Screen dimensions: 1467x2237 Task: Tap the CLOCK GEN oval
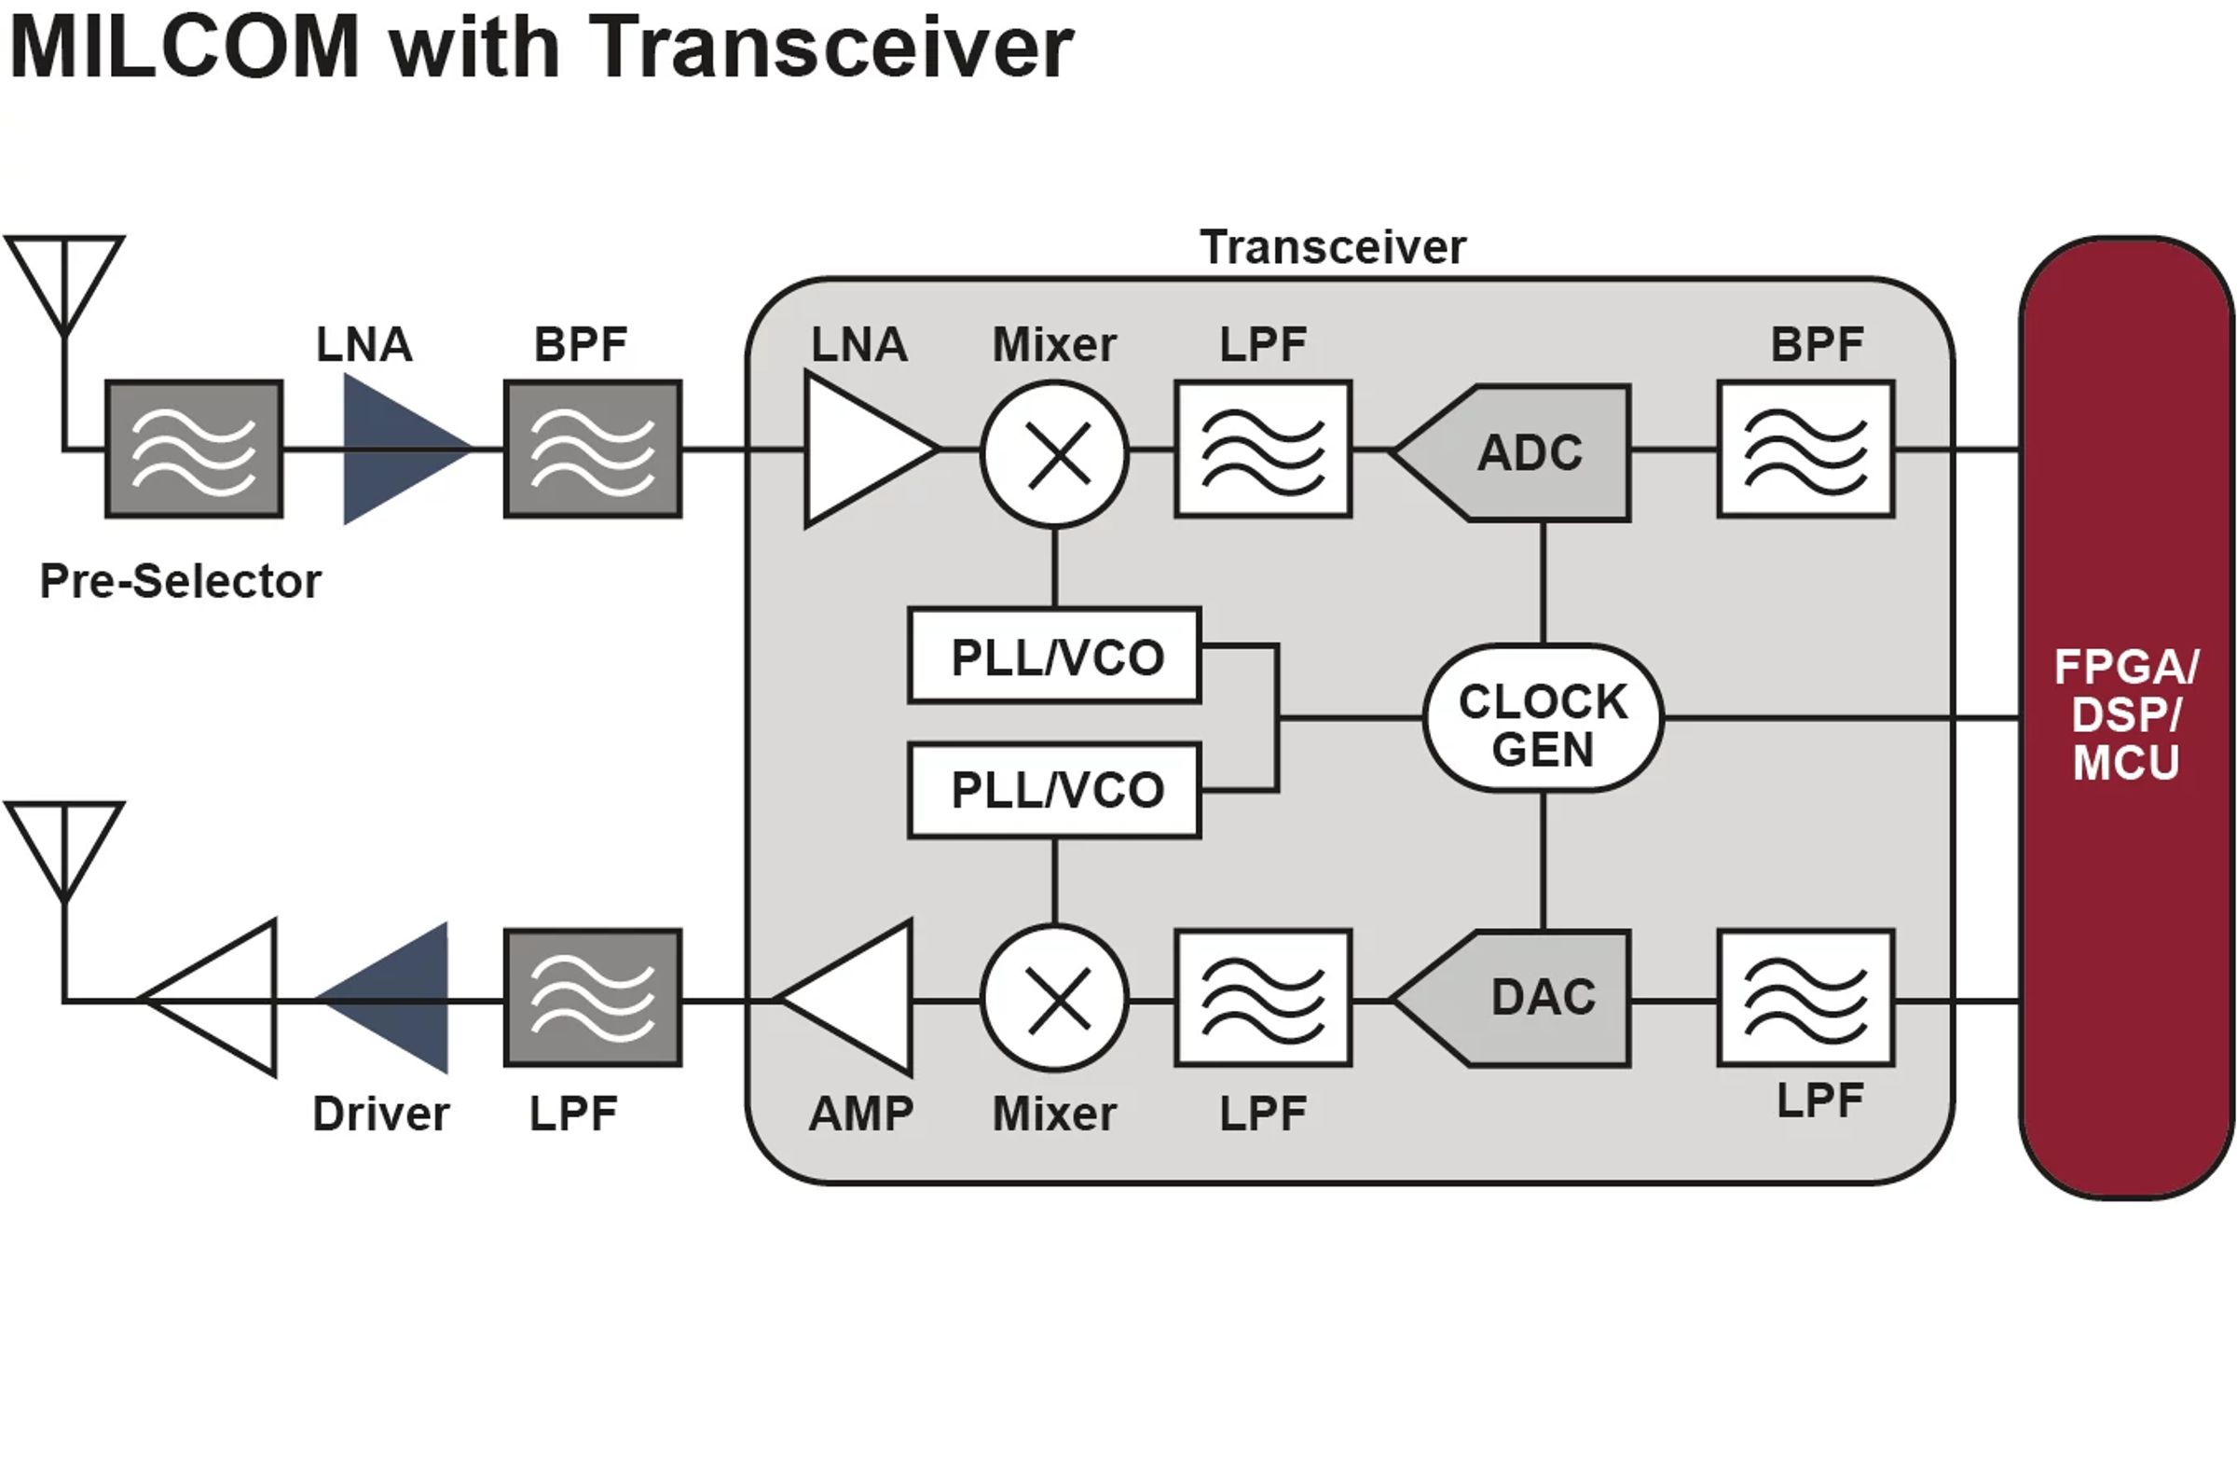[1543, 718]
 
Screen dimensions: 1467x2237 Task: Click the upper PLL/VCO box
[1054, 656]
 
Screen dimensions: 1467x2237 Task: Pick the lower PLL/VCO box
[1054, 790]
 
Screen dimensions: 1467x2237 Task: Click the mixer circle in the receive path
[1054, 454]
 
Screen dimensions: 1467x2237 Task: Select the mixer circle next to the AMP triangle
[1054, 999]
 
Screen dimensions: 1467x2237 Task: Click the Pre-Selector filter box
[194, 450]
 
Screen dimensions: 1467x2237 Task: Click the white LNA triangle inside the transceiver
[860, 450]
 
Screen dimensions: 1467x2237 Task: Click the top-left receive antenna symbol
[64, 282]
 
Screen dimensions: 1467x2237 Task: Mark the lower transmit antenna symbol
[64, 847]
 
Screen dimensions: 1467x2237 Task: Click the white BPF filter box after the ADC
[1805, 450]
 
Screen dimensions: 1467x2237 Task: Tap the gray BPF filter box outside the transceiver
[592, 450]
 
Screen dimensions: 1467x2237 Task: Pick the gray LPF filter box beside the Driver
[592, 999]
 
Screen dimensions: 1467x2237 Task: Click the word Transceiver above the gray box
[1332, 248]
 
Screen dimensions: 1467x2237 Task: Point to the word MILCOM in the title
[185, 47]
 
